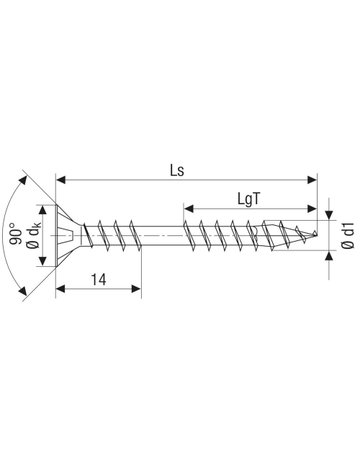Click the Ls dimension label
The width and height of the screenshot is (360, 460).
[x=177, y=171]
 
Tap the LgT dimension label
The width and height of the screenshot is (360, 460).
[x=248, y=199]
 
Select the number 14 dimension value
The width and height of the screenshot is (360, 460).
[x=99, y=280]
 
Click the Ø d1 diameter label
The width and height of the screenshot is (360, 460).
[x=348, y=236]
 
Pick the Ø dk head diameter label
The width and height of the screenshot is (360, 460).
[x=34, y=236]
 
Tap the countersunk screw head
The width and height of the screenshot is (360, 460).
[x=68, y=235]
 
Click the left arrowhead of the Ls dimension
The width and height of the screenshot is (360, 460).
[x=60, y=180]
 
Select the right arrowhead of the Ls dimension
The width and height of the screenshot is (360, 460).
[x=312, y=180]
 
